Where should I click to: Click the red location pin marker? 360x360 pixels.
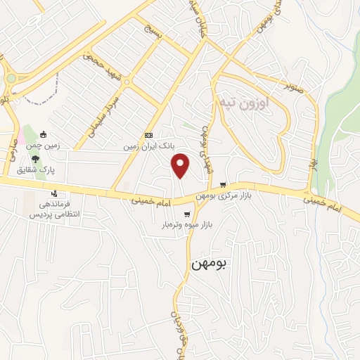tap(181, 165)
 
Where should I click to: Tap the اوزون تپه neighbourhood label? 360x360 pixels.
tap(241, 103)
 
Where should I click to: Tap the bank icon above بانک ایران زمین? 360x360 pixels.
tap(148, 135)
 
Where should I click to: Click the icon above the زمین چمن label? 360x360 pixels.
tap(43, 134)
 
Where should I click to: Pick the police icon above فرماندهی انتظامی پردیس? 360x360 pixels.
tap(55, 193)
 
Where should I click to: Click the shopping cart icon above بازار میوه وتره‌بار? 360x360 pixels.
tap(186, 214)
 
